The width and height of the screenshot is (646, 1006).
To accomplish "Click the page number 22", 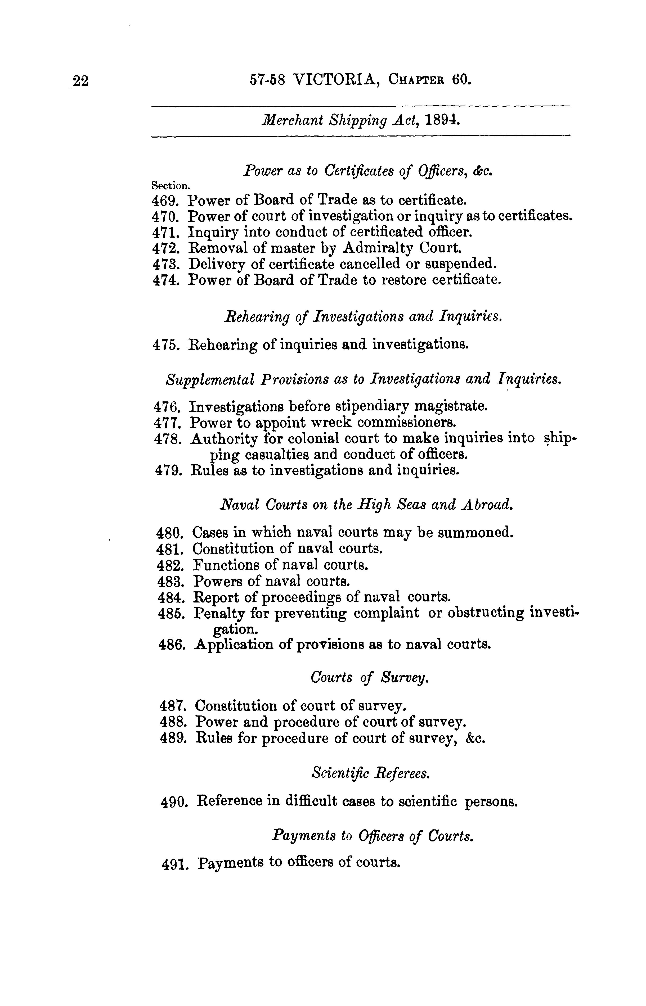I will pos(80,80).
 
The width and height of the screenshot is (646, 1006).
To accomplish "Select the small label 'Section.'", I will pos(171,185).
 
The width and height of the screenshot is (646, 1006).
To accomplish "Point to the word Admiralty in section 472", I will pos(379,248).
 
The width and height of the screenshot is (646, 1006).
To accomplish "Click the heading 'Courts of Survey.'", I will pos(369,678).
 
